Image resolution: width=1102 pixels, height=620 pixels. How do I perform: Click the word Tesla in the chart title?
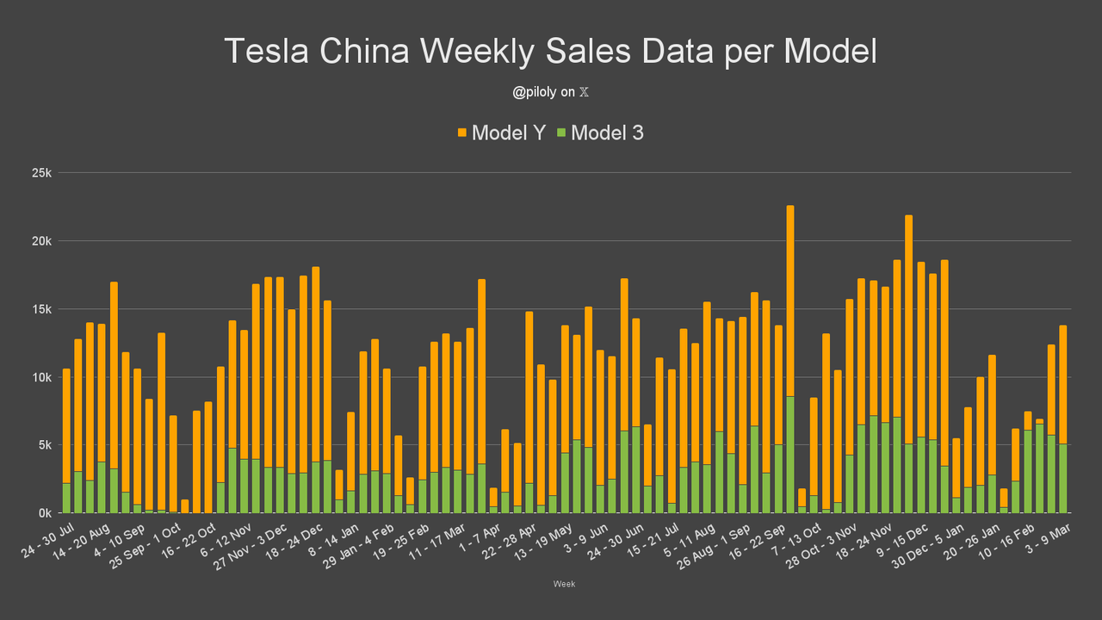[267, 51]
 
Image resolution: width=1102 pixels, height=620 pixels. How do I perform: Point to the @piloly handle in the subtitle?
[535, 92]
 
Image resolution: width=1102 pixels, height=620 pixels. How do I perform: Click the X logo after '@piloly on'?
[584, 92]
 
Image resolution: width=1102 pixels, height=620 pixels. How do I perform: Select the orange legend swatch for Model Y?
[462, 133]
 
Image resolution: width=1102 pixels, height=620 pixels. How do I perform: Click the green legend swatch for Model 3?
[561, 133]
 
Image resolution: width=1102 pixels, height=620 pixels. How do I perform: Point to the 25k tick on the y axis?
[42, 173]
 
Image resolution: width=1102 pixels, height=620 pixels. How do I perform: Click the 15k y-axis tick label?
[42, 309]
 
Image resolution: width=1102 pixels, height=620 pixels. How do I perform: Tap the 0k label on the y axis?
[45, 513]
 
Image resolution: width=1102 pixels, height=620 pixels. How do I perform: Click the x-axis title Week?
[564, 584]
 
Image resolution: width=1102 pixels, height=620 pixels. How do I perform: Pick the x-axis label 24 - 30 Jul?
[47, 540]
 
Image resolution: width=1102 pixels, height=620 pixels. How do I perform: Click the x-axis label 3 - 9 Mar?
[1048, 538]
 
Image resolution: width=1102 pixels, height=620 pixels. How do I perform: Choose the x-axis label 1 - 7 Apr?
[480, 537]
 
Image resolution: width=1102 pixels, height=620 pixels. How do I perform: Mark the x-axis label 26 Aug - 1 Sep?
[714, 546]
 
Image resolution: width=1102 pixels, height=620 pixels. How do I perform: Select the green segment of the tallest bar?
[790, 455]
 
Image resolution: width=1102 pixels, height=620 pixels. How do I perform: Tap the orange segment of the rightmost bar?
[1062, 385]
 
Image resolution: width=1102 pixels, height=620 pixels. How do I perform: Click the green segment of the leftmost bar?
[66, 498]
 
